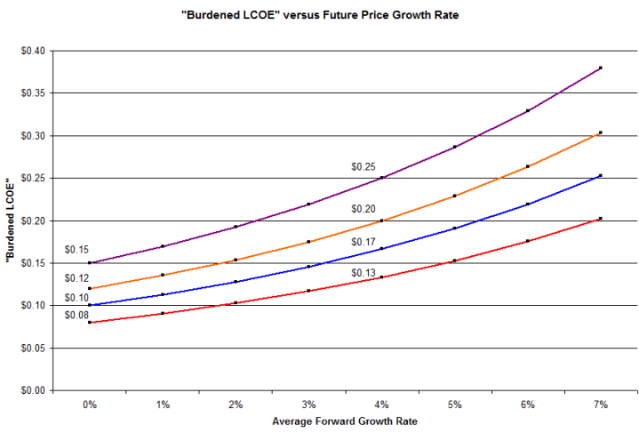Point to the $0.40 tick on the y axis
(x=32, y=51)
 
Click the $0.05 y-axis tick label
(x=32, y=348)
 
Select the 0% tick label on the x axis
(x=90, y=404)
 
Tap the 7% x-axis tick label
(x=601, y=404)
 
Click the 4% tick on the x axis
(x=381, y=404)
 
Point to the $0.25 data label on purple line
(x=363, y=166)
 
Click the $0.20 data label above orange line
(x=363, y=209)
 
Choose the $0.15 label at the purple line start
(x=77, y=249)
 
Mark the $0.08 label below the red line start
(x=77, y=315)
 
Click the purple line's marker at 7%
(x=601, y=68)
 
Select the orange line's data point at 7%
(x=601, y=132)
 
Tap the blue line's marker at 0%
(x=90, y=305)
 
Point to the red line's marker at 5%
(x=454, y=261)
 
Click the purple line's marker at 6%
(x=528, y=110)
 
